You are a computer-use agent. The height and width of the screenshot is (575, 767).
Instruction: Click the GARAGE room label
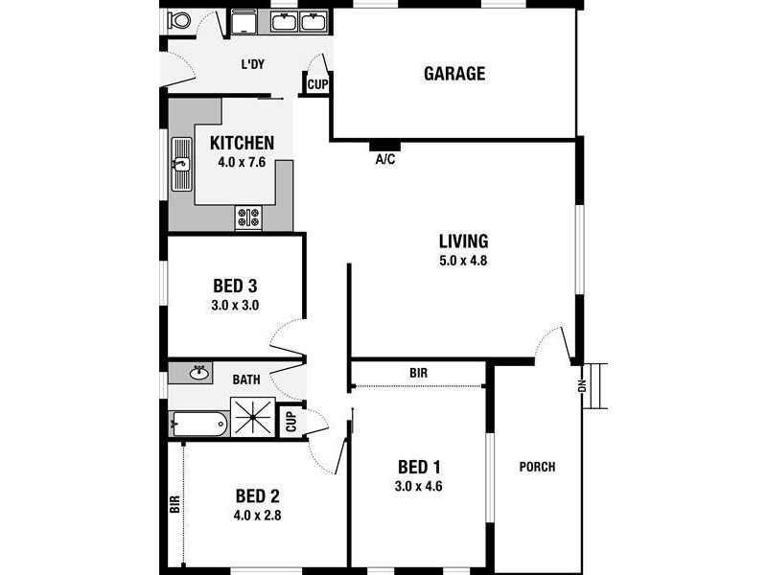[x=454, y=74]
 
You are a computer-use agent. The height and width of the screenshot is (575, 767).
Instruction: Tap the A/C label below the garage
[x=384, y=160]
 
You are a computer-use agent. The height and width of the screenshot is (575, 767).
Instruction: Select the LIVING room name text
[x=464, y=241]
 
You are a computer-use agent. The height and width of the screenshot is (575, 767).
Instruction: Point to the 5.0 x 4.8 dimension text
[x=464, y=260]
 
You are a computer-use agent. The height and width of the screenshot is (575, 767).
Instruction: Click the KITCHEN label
[x=242, y=143]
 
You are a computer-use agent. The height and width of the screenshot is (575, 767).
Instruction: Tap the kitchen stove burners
[x=248, y=218]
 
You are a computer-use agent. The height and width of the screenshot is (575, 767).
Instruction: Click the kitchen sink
[x=181, y=164]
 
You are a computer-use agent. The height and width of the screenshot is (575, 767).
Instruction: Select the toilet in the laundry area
[x=178, y=20]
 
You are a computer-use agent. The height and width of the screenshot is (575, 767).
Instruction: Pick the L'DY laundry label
[x=252, y=64]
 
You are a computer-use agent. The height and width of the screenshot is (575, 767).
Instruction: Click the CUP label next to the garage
[x=316, y=85]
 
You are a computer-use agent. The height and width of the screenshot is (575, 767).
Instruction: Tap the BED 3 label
[x=234, y=286]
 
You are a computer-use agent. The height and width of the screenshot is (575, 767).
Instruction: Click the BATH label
[x=246, y=379]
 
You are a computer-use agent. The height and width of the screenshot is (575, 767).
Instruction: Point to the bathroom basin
[x=199, y=372]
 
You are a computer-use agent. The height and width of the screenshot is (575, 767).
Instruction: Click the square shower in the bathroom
[x=253, y=417]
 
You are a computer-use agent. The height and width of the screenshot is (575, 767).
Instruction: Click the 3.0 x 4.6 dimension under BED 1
[x=419, y=486]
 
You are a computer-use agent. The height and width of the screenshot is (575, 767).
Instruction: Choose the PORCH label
[x=537, y=468]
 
